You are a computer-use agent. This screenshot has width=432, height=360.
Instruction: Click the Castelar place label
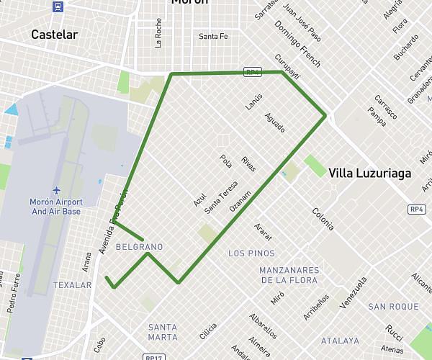tap(55, 35)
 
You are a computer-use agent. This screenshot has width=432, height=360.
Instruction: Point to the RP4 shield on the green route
tap(252, 73)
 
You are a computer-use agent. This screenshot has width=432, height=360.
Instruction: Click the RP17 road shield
tap(152, 357)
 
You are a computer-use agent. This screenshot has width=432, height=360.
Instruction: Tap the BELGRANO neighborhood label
tap(139, 247)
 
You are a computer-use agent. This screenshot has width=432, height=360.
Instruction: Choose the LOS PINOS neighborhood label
tap(251, 253)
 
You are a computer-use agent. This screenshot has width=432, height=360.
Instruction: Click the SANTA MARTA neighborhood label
tap(162, 332)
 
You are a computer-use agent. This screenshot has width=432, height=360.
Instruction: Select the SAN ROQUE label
tap(393, 307)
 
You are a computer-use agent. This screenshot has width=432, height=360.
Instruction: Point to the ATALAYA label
tap(340, 341)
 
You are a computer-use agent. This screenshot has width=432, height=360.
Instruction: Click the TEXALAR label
tap(73, 285)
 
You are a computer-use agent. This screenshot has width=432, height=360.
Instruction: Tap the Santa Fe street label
tap(213, 37)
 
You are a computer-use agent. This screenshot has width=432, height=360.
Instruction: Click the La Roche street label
tap(158, 33)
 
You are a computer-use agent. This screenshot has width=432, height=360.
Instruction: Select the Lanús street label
tap(253, 100)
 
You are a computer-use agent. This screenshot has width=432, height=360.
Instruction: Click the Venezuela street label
tap(354, 292)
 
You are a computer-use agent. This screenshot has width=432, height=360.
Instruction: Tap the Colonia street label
tap(323, 218)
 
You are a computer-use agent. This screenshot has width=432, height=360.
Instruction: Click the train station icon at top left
tap(58, 7)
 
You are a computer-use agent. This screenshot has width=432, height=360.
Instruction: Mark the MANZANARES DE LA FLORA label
tap(289, 275)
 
